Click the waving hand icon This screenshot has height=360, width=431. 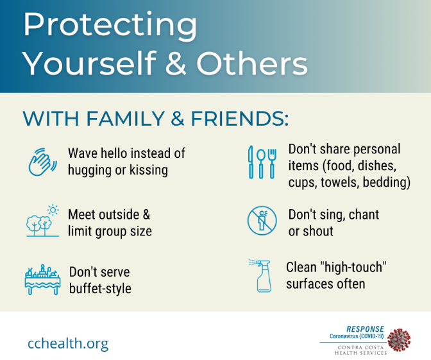coord(42,162)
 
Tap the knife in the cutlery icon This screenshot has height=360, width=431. coord(250,162)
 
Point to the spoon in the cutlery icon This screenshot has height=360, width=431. coord(261,164)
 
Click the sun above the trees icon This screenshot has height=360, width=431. coord(53,210)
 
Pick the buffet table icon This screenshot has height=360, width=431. coord(42,280)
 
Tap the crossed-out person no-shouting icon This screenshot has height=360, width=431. coord(262,221)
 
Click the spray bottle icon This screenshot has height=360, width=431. coord(260,275)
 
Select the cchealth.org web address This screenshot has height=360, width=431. coord(68,343)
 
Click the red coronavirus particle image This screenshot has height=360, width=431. coord(399,340)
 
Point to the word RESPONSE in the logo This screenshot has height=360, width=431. coord(365,329)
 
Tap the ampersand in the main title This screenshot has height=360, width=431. coord(176,64)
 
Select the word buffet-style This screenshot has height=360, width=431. coord(100,289)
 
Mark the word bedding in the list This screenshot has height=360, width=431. coord(387,182)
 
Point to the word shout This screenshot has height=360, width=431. coord(318,231)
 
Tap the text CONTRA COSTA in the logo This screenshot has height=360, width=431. coord(360,347)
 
